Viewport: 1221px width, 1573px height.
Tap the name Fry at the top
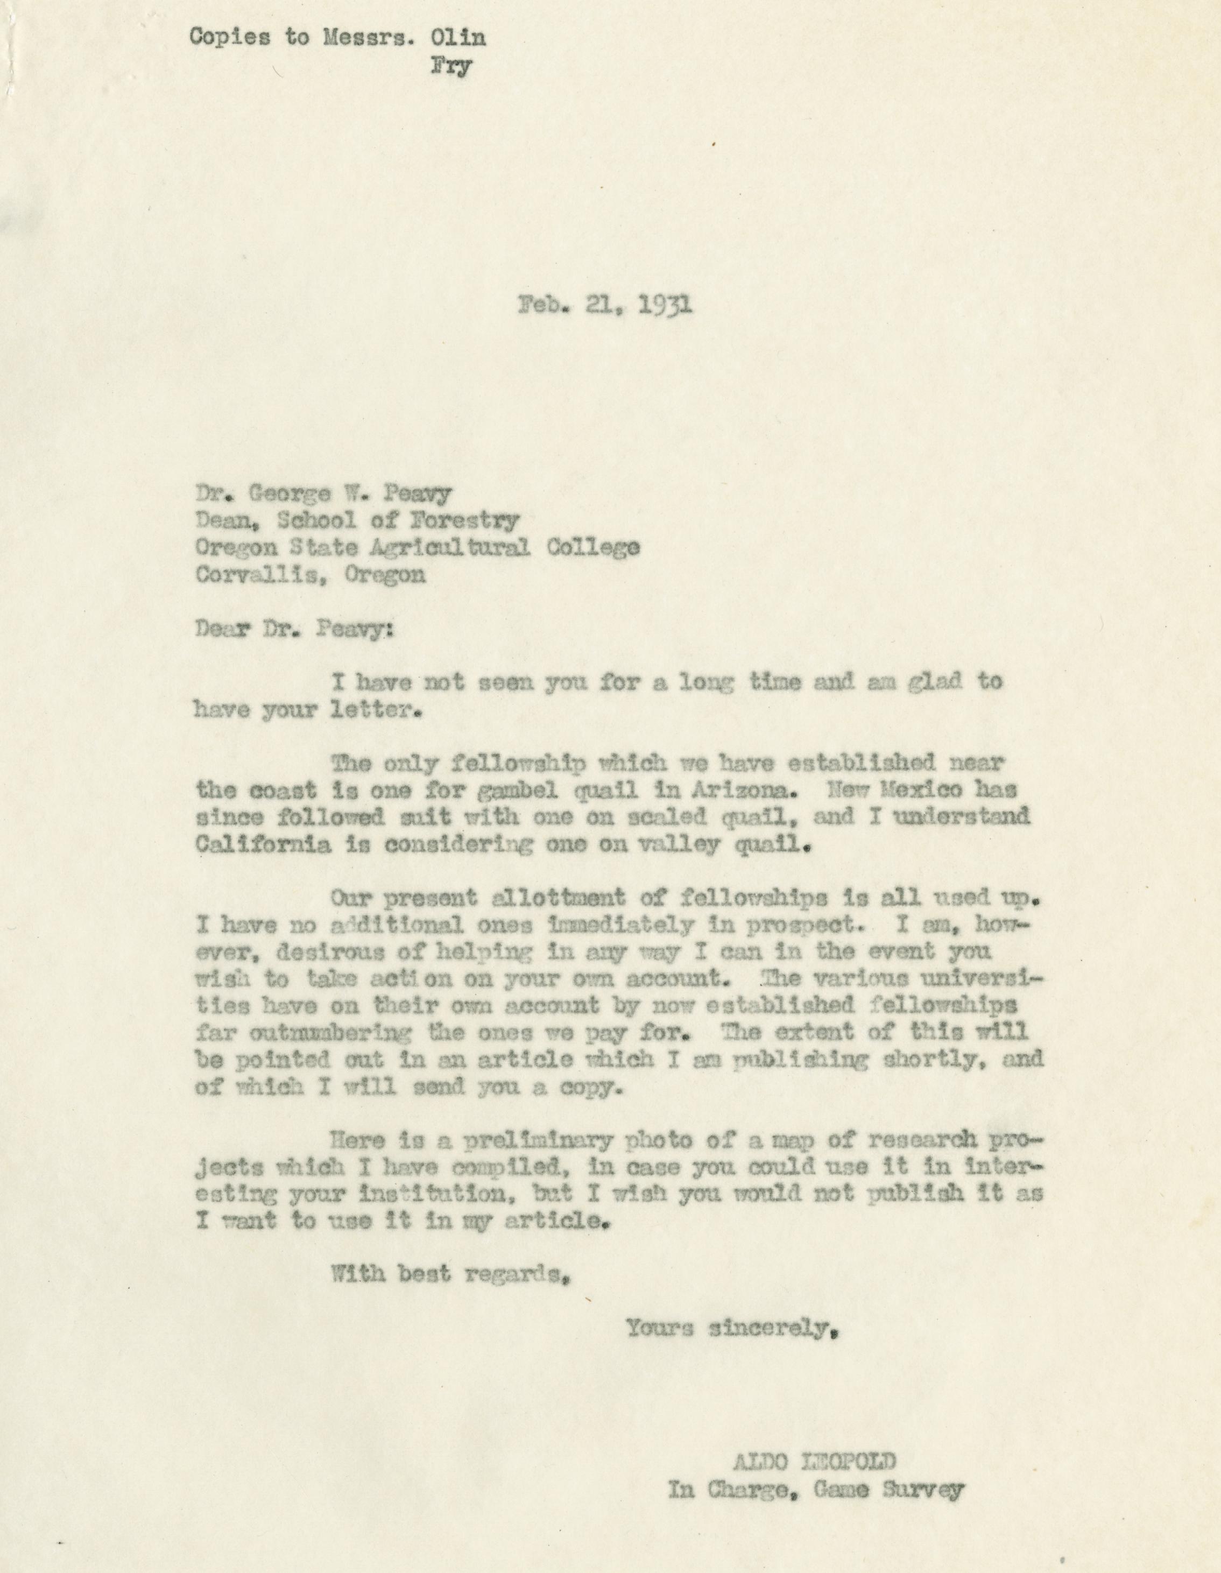point(451,67)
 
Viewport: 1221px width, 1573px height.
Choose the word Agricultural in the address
point(450,547)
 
